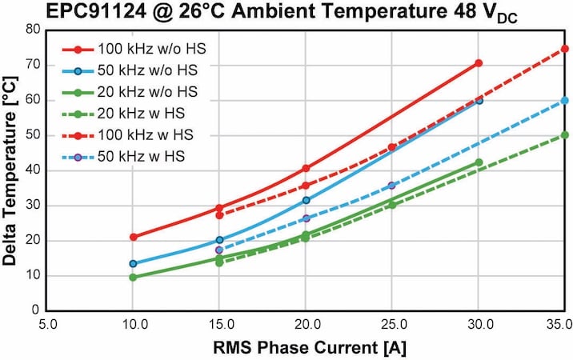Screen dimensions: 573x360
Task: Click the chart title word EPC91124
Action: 97,11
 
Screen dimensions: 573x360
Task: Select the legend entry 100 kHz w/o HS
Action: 134,49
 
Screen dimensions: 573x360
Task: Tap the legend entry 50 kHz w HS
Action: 123,157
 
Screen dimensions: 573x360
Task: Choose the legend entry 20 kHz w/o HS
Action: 130,92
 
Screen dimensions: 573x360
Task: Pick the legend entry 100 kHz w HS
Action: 127,135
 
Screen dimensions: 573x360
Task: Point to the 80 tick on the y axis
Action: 33,30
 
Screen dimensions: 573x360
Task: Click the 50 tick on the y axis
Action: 33,135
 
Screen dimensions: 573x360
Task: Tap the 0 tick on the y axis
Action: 35,310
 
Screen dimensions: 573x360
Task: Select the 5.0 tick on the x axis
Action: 48,325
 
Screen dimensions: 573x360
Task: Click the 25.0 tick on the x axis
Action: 392,325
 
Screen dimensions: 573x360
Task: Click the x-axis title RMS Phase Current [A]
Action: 310,347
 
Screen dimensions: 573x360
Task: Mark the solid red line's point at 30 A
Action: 479,63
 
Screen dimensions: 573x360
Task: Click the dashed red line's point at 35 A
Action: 565,49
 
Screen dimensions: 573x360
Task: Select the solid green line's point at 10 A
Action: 133,278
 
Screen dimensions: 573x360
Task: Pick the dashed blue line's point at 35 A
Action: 565,101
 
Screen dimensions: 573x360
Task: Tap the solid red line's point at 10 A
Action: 134,237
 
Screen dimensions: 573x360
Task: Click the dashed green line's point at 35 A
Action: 565,135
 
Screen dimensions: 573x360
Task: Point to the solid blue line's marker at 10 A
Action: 133,263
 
